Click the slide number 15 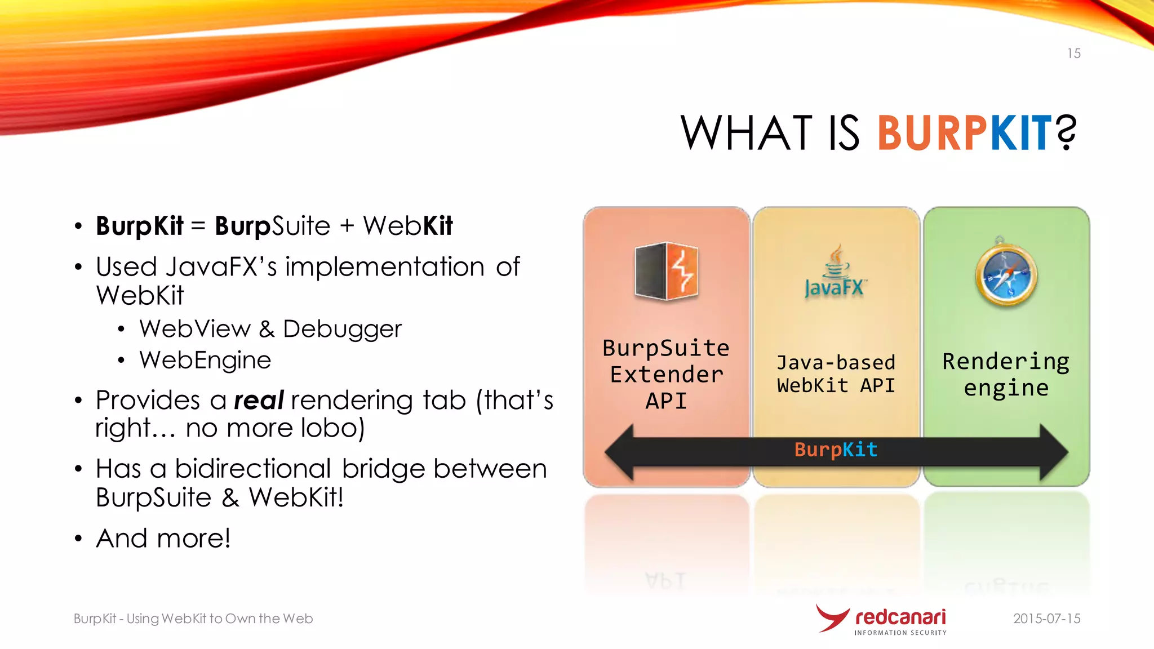point(1073,54)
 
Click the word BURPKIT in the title point(964,134)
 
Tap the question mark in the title point(1066,132)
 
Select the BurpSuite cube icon point(666,271)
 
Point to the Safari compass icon point(1006,274)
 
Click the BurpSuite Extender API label point(666,374)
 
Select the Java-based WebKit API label point(836,374)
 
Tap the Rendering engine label point(1006,374)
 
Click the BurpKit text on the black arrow point(836,450)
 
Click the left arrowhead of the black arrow point(620,452)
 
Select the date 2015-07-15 point(1046,619)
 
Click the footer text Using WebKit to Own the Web point(219,619)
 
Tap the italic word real point(259,401)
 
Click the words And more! point(163,538)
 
